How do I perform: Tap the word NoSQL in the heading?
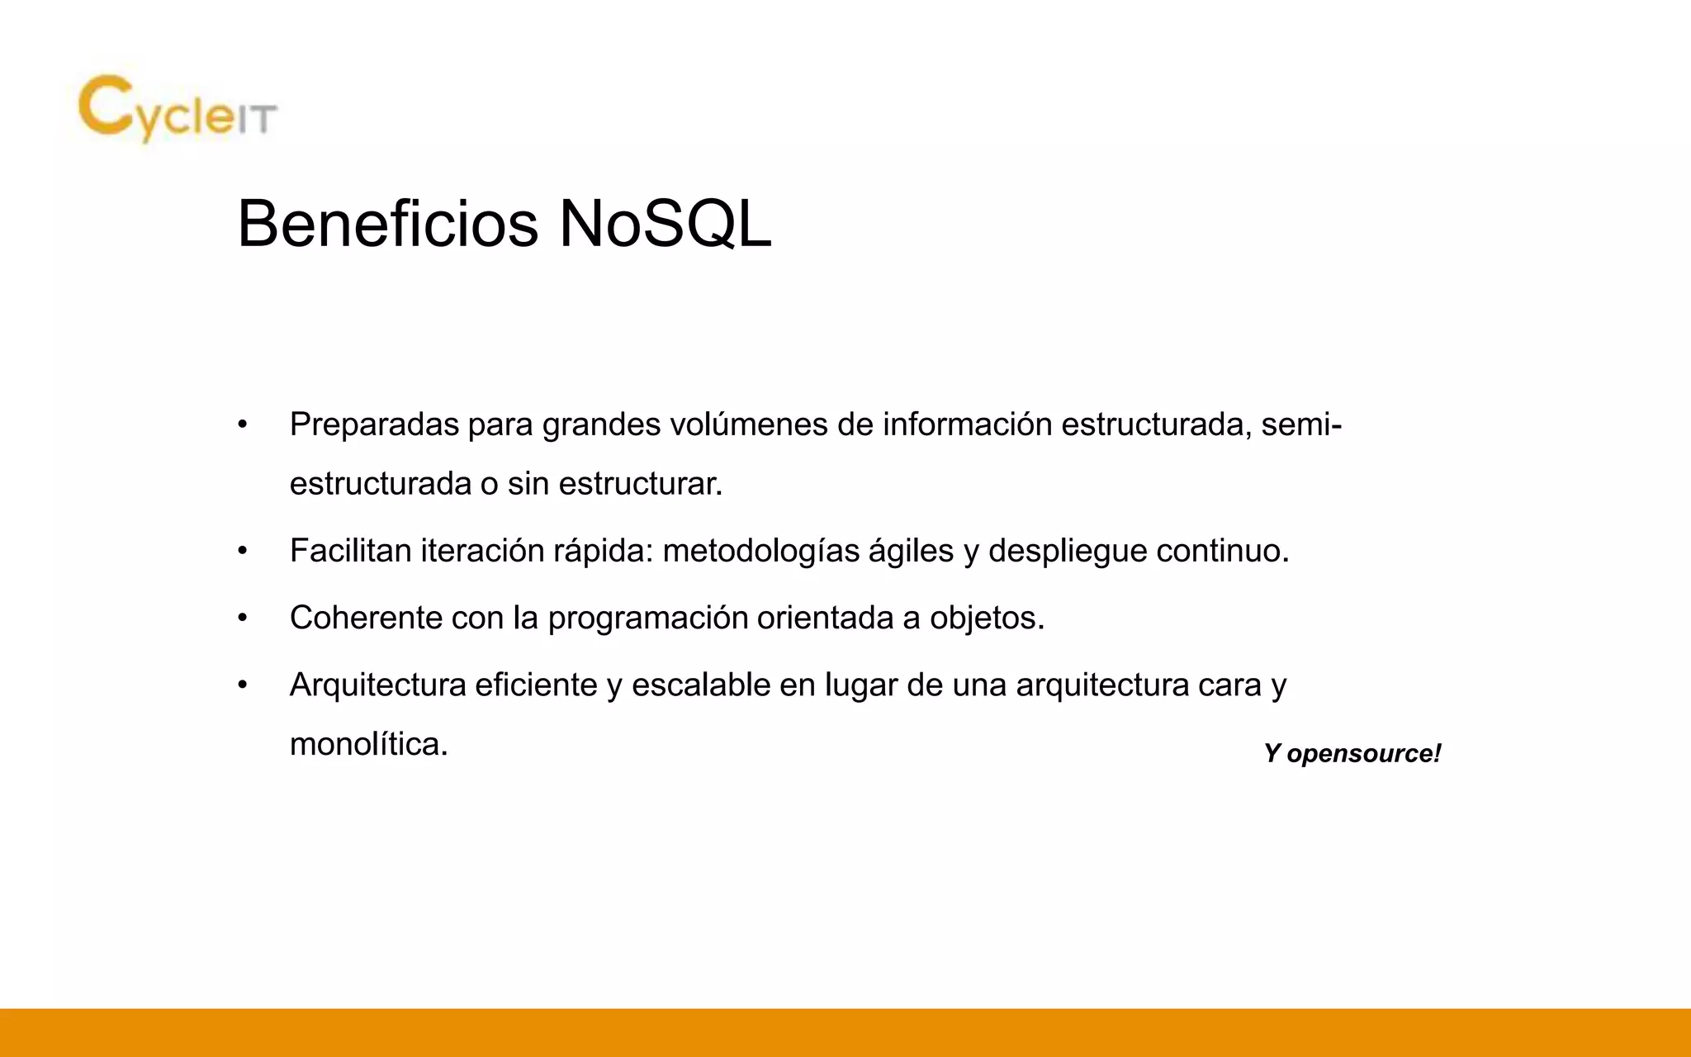coord(665,224)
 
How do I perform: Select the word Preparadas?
coord(374,424)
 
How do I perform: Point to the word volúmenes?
coord(749,424)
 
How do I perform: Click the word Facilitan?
coord(351,551)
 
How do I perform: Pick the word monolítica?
coord(368,745)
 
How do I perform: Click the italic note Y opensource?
coord(1352,753)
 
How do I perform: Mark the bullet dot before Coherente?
coord(242,619)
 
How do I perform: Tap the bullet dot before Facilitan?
coord(242,552)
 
